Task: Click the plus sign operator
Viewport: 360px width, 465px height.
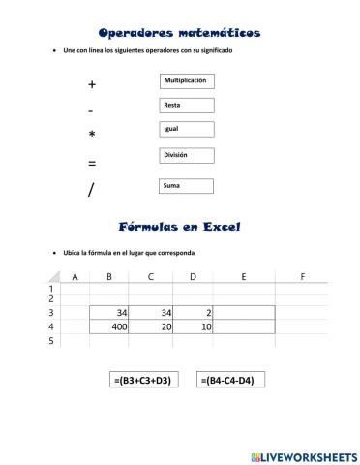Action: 92,85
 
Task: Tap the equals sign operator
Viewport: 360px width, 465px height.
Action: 92,163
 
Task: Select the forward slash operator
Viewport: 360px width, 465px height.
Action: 91,190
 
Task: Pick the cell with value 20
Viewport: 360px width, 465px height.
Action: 152,327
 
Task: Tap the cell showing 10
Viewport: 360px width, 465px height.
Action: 193,327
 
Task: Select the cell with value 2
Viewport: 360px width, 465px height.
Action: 193,313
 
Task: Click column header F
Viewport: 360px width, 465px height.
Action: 302,276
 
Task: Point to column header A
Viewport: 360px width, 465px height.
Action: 75,276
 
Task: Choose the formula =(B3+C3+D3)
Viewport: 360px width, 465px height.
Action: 141,381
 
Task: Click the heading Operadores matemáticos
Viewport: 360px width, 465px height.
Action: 179,32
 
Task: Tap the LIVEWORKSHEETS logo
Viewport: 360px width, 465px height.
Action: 304,454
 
